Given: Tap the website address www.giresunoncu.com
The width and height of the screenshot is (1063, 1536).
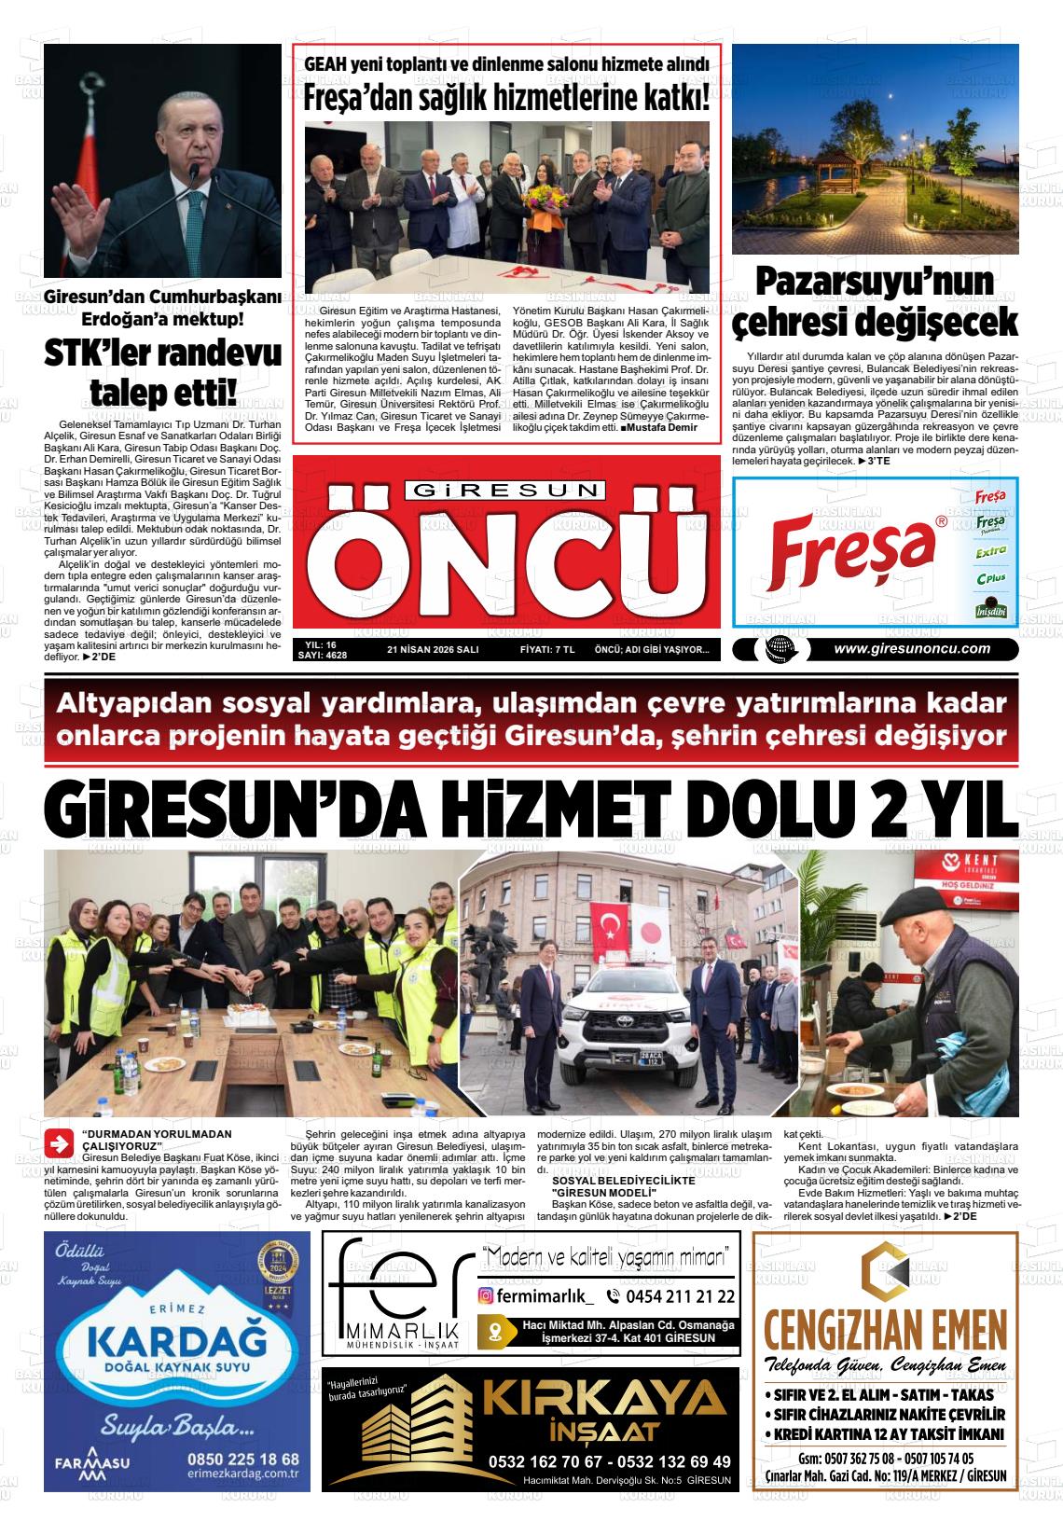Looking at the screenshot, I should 911,649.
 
